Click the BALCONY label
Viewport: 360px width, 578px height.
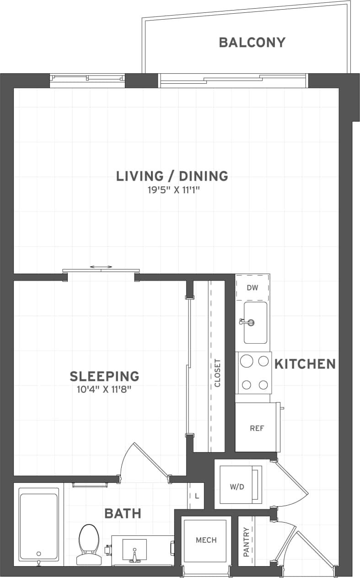252,43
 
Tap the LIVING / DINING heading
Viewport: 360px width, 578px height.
172,176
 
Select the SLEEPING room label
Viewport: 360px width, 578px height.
104,376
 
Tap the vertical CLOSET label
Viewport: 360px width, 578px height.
217,373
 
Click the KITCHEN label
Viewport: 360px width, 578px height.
305,364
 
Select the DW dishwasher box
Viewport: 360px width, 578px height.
252,288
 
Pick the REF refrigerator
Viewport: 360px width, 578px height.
257,428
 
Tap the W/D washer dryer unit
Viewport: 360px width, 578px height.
238,486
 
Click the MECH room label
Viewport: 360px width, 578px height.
206,540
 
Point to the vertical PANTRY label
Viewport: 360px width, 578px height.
247,542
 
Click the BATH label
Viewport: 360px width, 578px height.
123,513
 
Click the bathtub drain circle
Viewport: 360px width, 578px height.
39,553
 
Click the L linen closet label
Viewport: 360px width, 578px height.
197,496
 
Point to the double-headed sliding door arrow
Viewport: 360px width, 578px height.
101,267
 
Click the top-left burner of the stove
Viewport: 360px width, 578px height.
247,361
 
